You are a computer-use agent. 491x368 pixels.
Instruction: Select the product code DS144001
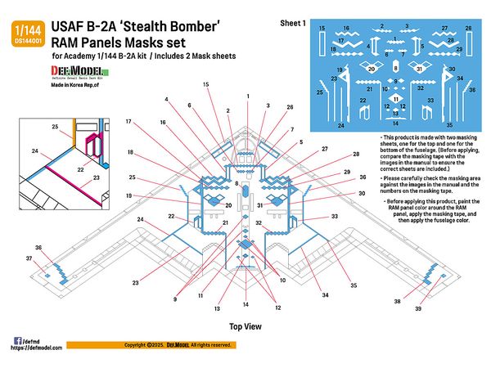[25, 38]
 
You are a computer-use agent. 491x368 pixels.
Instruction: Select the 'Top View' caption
[245, 326]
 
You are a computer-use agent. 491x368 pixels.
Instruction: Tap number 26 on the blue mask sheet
[469, 28]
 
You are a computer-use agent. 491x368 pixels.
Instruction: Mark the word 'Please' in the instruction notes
[399, 177]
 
